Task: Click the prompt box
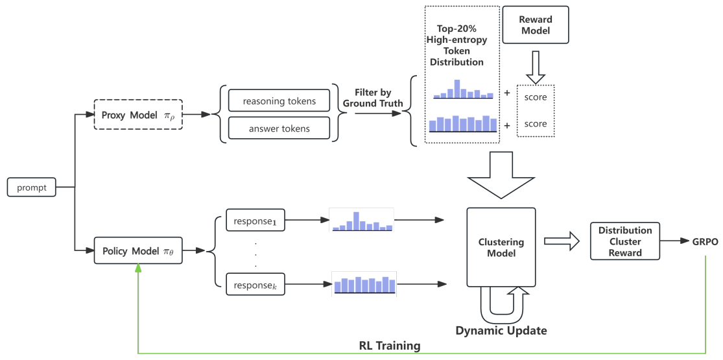[32, 188]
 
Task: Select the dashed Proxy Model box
[138, 115]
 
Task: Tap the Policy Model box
[138, 250]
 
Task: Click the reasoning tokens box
[279, 101]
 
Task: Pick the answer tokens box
[279, 128]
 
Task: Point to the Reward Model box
[535, 25]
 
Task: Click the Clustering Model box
[501, 247]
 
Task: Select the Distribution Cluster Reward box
[624, 241]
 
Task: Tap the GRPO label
[704, 241]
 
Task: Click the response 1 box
[255, 221]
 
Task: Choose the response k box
[255, 284]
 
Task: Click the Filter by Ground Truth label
[373, 98]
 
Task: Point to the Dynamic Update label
[501, 331]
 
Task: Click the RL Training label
[389, 346]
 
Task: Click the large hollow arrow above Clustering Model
[501, 174]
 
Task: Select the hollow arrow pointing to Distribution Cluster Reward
[560, 241]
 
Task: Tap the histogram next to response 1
[362, 221]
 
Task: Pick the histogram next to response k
[364, 283]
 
